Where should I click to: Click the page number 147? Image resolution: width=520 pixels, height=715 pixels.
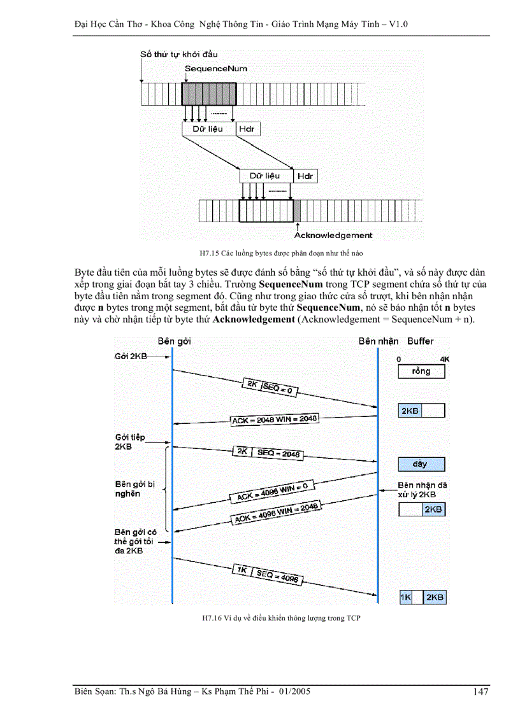pyautogui.click(x=480, y=692)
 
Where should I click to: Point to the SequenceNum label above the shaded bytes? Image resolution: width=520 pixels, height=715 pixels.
pyautogui.click(x=215, y=68)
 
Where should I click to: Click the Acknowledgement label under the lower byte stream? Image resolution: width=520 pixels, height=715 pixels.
pyautogui.click(x=333, y=236)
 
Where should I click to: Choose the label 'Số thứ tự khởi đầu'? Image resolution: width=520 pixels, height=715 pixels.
pyautogui.click(x=179, y=54)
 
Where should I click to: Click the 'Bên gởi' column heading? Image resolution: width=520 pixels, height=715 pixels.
pyautogui.click(x=174, y=341)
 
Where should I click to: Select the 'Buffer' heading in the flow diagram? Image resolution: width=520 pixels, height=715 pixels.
pyautogui.click(x=420, y=341)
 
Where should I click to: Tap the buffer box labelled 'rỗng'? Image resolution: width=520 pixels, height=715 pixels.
pyautogui.click(x=421, y=371)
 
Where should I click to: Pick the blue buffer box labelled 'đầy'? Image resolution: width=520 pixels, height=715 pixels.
pyautogui.click(x=421, y=464)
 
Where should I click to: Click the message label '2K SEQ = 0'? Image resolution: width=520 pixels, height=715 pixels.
pyautogui.click(x=270, y=386)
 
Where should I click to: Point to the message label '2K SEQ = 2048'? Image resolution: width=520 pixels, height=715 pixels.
pyautogui.click(x=267, y=452)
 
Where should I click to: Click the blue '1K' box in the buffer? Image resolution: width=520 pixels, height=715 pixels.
pyautogui.click(x=405, y=597)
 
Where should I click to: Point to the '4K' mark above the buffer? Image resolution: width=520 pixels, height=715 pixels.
pyautogui.click(x=444, y=360)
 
